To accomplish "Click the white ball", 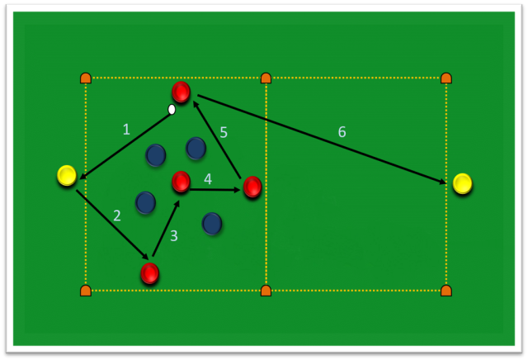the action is tap(172, 110).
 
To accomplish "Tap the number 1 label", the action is tap(126, 130).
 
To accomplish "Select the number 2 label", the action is tap(117, 216).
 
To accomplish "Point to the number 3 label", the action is tap(174, 236).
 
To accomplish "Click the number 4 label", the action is tap(224, 132).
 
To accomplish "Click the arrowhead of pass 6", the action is tap(443, 182).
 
